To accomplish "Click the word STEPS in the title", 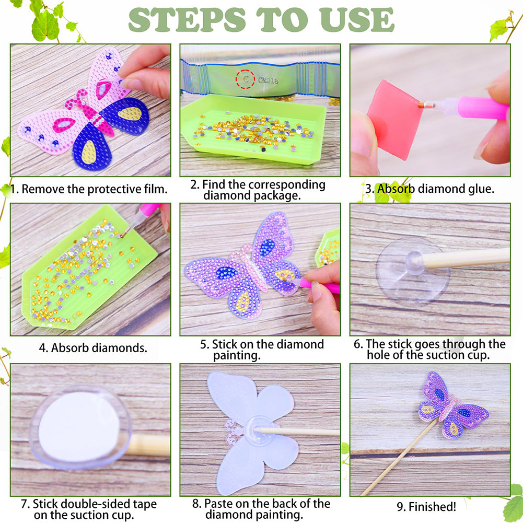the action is coord(187,20).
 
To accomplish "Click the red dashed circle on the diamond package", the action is coord(245,79).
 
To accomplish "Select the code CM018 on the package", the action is coord(268,80).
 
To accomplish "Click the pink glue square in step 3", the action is coord(394,120).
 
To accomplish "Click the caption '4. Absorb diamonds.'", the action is coord(93,348).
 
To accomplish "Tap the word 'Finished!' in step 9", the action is coord(432,507).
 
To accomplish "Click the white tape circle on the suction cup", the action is coord(79,427).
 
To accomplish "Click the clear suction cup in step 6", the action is coord(413,270).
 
